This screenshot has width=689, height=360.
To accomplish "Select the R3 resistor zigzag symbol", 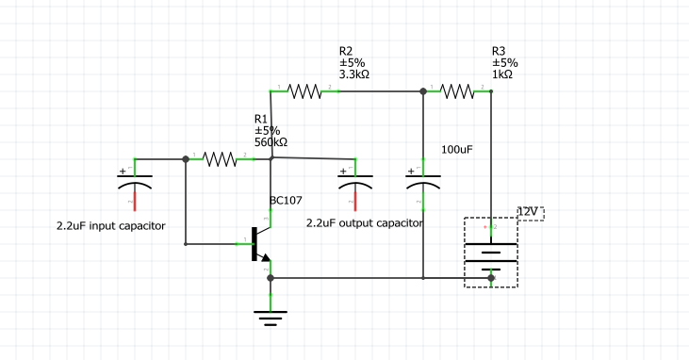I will [x=457, y=91].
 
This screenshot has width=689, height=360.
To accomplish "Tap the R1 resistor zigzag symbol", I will [x=220, y=159].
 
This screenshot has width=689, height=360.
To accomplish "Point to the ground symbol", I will [x=271, y=317].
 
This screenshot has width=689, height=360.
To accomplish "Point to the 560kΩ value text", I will [x=271, y=143].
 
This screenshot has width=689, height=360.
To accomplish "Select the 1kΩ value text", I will [x=502, y=75].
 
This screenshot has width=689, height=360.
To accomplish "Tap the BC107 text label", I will [x=286, y=200].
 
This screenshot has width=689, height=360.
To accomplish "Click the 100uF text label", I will [x=457, y=150].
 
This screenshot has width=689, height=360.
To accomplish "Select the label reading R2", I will [x=346, y=51].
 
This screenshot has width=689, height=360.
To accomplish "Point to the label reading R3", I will [x=499, y=51].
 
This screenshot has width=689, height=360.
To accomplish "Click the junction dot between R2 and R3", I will [x=422, y=91].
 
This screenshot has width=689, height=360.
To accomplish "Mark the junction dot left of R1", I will [x=186, y=159].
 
